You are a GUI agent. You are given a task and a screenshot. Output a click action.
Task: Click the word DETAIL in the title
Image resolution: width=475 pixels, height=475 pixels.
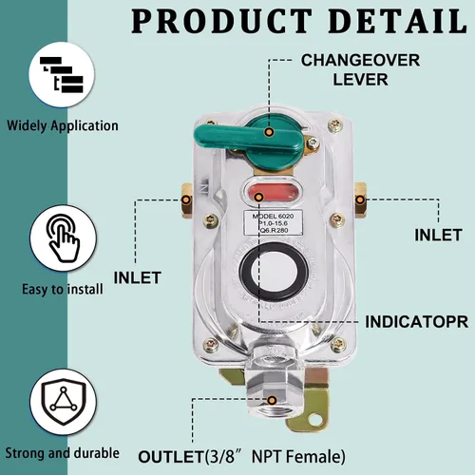click(397, 21)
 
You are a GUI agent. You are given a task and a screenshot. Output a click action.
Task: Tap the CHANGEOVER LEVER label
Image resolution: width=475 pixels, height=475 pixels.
click(361, 69)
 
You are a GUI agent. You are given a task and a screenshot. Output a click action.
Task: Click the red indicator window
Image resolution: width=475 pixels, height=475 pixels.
click(273, 192)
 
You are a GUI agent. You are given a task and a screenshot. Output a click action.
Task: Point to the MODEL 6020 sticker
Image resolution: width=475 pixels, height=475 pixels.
click(273, 222)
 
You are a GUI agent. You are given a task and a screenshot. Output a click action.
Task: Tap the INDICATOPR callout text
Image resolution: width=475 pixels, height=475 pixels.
click(417, 322)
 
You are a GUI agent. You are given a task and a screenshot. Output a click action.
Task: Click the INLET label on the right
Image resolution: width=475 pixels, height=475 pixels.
click(438, 235)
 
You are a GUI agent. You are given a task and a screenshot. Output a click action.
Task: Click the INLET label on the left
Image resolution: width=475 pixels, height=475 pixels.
click(138, 277)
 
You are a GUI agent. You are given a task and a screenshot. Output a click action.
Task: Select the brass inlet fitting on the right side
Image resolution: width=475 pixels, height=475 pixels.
click(360, 199)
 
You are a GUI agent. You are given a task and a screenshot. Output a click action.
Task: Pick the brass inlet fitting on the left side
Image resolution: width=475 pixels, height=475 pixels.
click(186, 200)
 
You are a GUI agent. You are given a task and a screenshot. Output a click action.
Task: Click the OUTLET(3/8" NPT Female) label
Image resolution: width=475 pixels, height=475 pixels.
click(241, 457)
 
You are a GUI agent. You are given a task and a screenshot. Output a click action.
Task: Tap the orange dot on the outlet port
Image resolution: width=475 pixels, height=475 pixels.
click(272, 400)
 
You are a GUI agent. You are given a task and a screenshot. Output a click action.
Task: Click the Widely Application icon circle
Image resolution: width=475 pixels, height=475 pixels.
click(62, 75)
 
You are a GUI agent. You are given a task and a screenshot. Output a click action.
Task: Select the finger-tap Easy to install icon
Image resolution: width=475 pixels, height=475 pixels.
click(64, 238)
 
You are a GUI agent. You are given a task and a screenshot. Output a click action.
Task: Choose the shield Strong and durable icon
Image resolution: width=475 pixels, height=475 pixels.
click(64, 401)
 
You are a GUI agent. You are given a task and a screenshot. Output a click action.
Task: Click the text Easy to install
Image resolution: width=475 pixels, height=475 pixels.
click(63, 290)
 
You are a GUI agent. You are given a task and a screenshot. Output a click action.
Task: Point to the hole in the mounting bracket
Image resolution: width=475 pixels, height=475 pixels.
click(313, 420)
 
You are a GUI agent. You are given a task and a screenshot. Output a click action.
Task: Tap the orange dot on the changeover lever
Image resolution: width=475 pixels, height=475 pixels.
click(269, 132)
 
